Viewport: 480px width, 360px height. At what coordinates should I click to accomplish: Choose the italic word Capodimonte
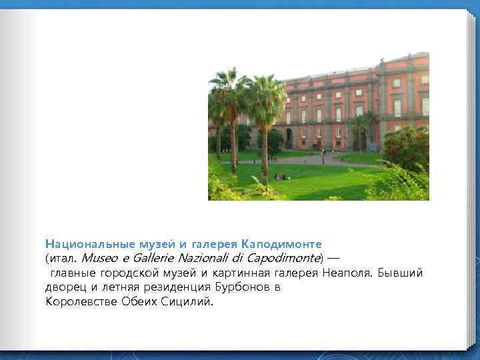point(282,258)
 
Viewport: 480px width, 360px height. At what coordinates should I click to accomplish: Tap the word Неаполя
point(349,273)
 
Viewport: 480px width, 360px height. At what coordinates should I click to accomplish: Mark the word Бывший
point(401,273)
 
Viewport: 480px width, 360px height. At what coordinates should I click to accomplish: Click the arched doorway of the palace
point(289,138)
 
